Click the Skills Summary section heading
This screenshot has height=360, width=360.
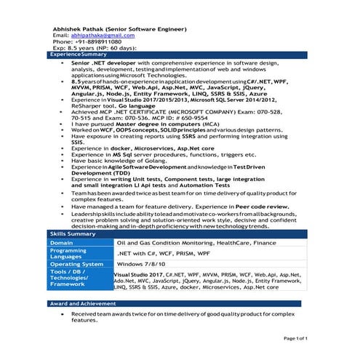click(x=72, y=232)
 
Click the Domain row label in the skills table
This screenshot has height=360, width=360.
click(x=63, y=242)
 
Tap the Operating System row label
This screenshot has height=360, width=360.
click(x=76, y=263)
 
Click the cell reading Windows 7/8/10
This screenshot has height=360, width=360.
click(x=142, y=263)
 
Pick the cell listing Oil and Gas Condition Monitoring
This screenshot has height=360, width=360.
click(x=196, y=242)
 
